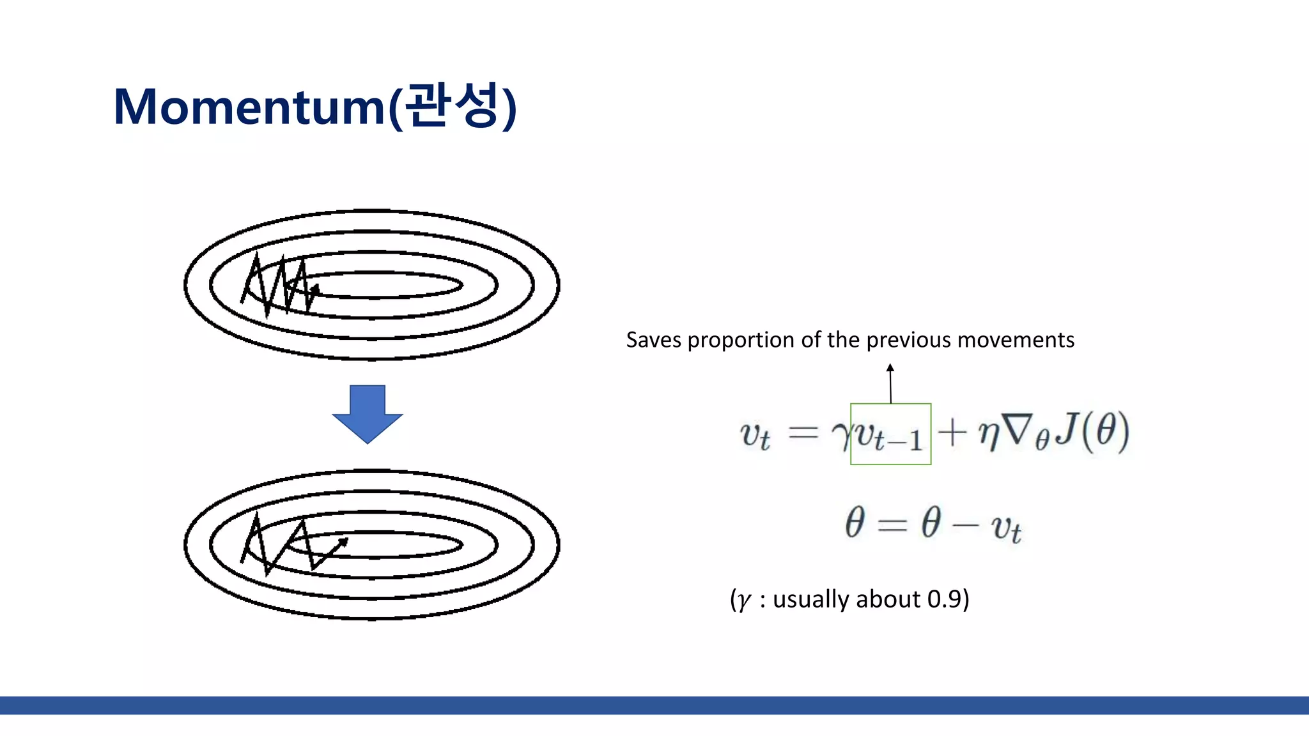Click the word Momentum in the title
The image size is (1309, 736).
tap(249, 107)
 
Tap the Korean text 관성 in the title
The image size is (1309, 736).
tap(451, 105)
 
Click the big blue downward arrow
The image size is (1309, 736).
tap(368, 413)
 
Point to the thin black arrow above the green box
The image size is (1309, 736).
tap(890, 383)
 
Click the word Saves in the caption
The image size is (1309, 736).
tap(653, 340)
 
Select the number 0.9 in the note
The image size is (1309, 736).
tap(944, 599)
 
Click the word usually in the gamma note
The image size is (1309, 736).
tap(810, 599)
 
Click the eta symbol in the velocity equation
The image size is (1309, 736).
tap(988, 433)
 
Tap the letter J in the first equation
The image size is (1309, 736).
tap(1066, 429)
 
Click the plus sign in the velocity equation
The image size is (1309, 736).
tap(952, 432)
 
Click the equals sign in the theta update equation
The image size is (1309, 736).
tap(892, 525)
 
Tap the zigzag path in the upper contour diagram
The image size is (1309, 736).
tap(278, 286)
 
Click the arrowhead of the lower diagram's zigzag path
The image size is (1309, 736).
tap(343, 542)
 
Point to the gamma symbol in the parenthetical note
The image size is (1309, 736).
tap(743, 601)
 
